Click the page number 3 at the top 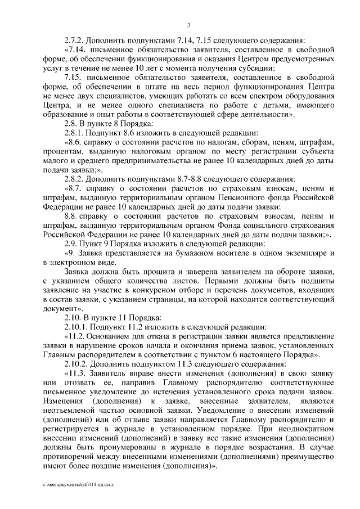pos(189,25)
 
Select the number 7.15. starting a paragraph pos(76,77)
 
